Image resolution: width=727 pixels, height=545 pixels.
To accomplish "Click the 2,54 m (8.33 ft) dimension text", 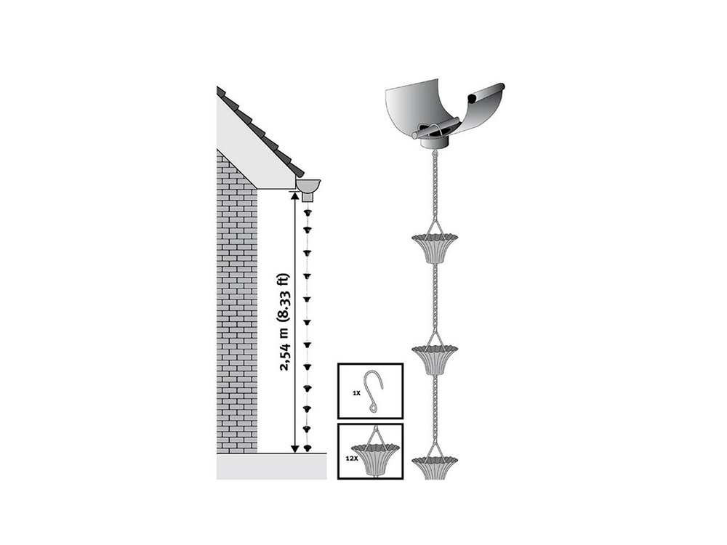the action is (x=285, y=323).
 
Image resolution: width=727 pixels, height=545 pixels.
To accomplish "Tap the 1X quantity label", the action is (x=356, y=392).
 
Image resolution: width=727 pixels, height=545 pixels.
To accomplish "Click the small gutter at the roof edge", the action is (x=308, y=186).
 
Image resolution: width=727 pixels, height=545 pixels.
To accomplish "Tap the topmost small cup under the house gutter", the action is (x=307, y=213).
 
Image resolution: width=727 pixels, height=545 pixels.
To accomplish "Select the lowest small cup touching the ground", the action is (x=307, y=448).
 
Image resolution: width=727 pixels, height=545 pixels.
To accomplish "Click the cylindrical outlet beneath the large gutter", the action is (x=435, y=142).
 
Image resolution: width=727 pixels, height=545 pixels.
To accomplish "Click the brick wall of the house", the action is (x=237, y=302).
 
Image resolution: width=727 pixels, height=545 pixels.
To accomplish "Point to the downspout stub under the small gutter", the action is (x=308, y=198).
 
